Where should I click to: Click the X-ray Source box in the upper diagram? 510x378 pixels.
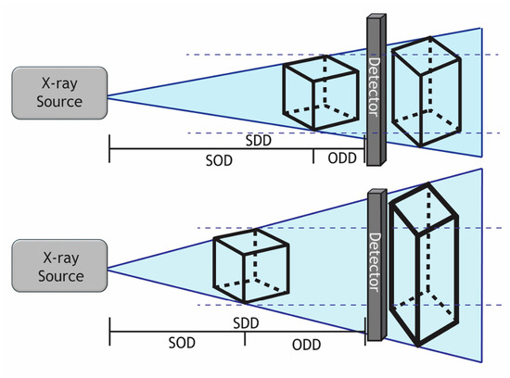[59, 93]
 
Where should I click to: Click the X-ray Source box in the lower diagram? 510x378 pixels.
[59, 266]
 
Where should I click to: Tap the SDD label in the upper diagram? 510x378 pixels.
[259, 141]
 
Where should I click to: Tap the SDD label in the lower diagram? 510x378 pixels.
[246, 323]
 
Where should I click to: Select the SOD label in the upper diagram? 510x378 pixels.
[219, 160]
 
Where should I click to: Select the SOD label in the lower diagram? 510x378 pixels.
[182, 343]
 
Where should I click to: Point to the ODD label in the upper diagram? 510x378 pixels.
[342, 158]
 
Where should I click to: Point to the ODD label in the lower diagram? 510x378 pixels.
[306, 345]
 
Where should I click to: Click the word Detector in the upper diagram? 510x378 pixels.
[375, 87]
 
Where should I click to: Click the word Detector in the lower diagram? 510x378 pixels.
[376, 262]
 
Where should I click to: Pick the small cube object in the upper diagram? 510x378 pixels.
[321, 93]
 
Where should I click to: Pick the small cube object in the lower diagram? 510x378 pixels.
[251, 266]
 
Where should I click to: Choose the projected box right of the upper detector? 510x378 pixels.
[427, 92]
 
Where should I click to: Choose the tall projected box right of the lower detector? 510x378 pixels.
[424, 265]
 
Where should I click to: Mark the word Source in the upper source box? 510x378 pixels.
[59, 102]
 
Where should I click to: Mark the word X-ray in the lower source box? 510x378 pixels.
[61, 258]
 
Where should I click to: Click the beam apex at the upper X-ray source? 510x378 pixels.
[108, 96]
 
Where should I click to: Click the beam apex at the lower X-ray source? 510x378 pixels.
[108, 269]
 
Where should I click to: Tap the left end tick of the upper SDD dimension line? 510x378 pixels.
[109, 148]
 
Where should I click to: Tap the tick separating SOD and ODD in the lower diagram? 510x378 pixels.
[245, 339]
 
